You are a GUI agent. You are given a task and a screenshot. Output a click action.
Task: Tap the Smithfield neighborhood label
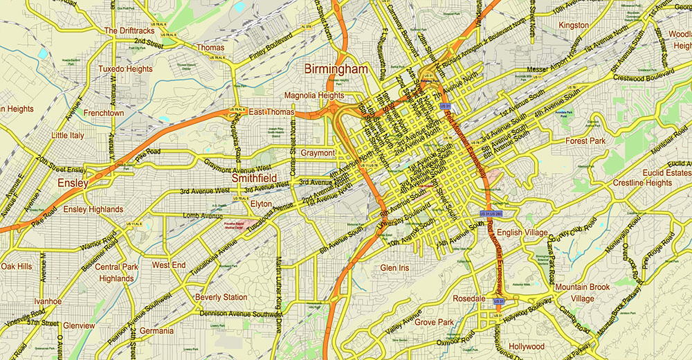tap(254, 178)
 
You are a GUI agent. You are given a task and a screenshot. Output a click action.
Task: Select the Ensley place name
tap(73, 183)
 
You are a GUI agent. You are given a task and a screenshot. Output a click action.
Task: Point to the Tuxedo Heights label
tap(125, 69)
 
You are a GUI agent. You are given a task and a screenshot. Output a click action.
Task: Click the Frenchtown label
tap(103, 112)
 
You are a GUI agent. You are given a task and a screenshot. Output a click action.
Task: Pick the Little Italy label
tap(69, 136)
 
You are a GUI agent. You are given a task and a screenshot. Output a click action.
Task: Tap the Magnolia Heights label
tap(313, 96)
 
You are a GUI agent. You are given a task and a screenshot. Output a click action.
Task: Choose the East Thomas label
tap(271, 112)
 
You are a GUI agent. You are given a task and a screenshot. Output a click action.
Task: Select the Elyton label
tap(261, 204)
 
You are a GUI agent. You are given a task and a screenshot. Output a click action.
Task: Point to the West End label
tap(169, 265)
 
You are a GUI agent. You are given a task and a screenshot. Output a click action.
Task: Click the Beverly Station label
tap(221, 297)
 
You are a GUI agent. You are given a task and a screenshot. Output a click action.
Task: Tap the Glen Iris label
tap(395, 267)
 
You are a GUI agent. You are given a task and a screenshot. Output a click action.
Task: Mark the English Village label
tap(522, 233)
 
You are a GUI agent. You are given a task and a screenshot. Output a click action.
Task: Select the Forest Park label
tap(585, 141)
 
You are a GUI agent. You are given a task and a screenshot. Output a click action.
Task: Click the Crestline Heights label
tap(642, 183)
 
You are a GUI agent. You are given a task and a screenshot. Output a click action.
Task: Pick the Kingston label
tap(574, 26)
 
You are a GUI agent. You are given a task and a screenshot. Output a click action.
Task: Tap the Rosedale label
tap(469, 298)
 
